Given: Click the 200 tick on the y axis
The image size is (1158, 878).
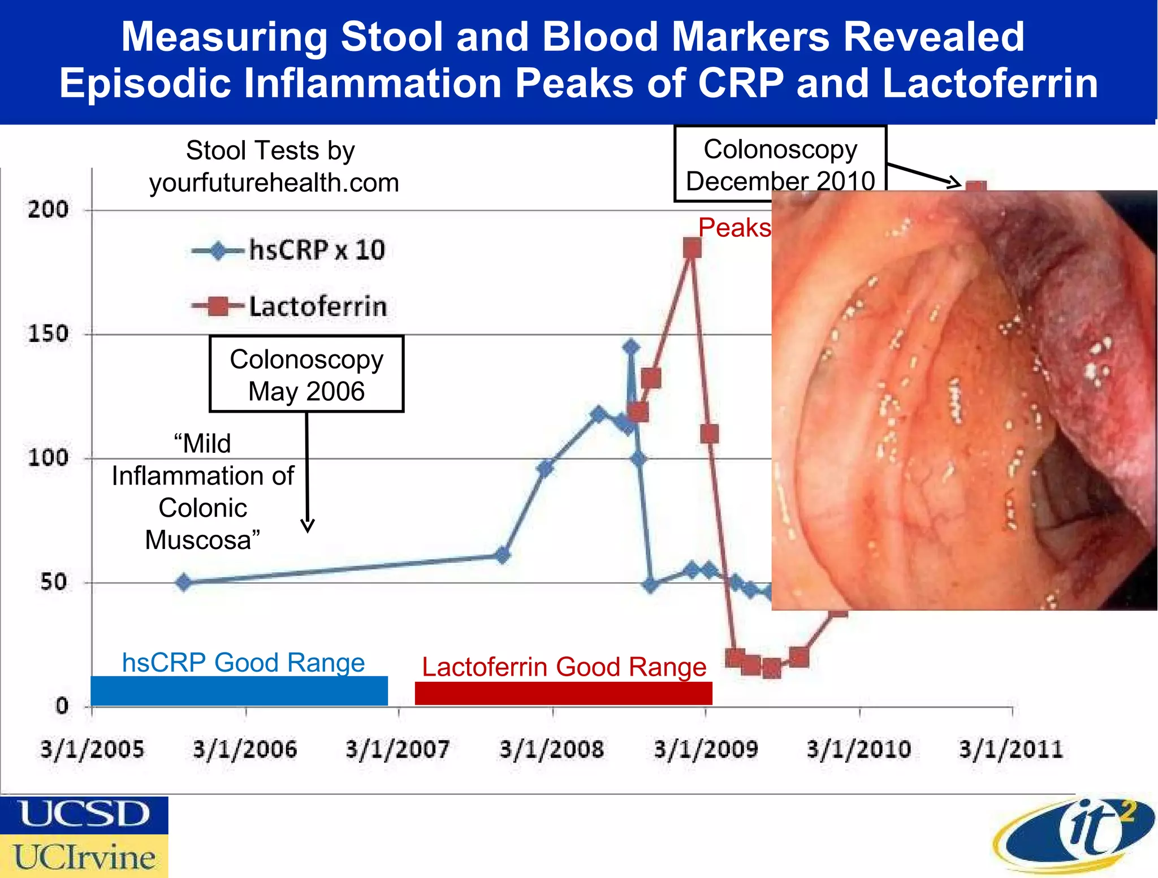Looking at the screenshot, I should pyautogui.click(x=49, y=210).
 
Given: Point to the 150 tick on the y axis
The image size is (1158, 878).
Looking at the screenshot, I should pyautogui.click(x=49, y=334).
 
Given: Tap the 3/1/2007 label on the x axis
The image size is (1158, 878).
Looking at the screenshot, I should pyautogui.click(x=397, y=749).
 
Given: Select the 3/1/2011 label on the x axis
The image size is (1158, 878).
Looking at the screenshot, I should pyautogui.click(x=1011, y=749).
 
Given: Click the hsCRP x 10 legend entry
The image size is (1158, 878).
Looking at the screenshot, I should pyautogui.click(x=288, y=250).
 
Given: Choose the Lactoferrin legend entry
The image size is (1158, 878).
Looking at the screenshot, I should pyautogui.click(x=289, y=306).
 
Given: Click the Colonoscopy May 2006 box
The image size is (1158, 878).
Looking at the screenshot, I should pyautogui.click(x=306, y=374).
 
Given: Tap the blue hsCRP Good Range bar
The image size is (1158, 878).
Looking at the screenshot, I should pyautogui.click(x=239, y=690).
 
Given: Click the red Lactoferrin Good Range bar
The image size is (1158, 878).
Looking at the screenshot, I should pyautogui.click(x=563, y=693).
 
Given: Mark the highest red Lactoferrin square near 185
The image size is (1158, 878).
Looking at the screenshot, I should pyautogui.click(x=692, y=248).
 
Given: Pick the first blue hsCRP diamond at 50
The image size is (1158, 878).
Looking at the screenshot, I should pyautogui.click(x=183, y=582).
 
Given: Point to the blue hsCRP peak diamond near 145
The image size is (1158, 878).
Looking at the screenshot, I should pyautogui.click(x=632, y=347).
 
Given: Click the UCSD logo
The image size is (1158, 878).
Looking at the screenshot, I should pyautogui.click(x=84, y=815).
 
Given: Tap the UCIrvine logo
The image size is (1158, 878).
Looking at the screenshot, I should pyautogui.click(x=84, y=857).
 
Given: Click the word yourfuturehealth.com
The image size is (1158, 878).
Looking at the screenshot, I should pyautogui.click(x=274, y=183).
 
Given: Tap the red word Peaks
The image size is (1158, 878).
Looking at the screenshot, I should pyautogui.click(x=734, y=228).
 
